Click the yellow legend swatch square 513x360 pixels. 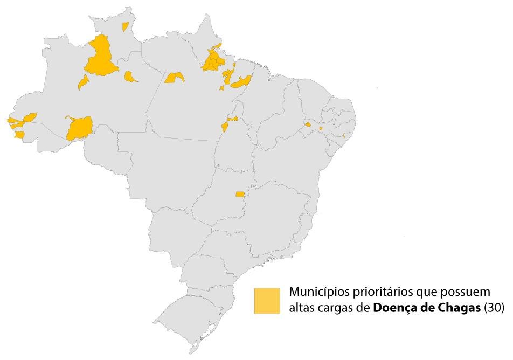[x=267, y=300]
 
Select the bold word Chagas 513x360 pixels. [x=459, y=308]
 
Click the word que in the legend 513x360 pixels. [x=421, y=292]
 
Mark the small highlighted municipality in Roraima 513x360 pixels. [x=125, y=26]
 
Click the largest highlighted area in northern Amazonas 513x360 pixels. [x=100, y=57]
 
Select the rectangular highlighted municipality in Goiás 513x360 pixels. [x=240, y=194]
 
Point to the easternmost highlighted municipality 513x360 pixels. [x=344, y=135]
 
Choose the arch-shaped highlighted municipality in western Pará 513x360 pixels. [x=175, y=78]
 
